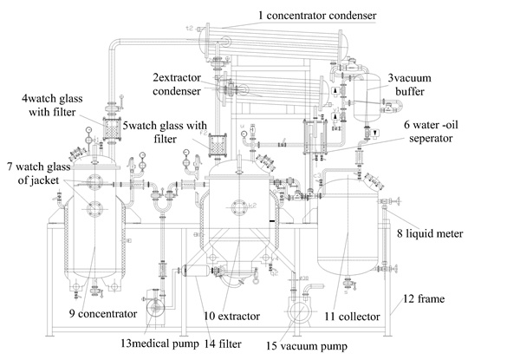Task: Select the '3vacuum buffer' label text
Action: pos(430,86)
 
